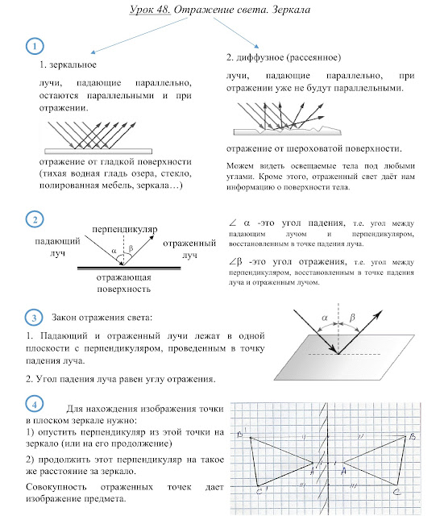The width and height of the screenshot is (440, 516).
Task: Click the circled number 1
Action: (x=35, y=46)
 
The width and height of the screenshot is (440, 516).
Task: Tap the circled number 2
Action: (x=35, y=219)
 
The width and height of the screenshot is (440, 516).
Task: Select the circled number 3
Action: (x=34, y=318)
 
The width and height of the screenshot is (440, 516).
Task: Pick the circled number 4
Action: (x=34, y=404)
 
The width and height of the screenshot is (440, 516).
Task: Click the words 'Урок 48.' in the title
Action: (x=150, y=10)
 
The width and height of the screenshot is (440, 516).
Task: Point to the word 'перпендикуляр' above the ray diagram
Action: (x=125, y=229)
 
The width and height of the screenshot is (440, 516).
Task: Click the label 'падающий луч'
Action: (x=57, y=248)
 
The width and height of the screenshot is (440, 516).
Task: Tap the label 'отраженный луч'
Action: (x=189, y=249)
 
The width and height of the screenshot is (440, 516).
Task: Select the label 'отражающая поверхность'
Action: (x=123, y=283)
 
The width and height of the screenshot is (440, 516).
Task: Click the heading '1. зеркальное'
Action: (x=68, y=64)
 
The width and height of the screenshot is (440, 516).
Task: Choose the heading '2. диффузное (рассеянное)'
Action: (x=284, y=57)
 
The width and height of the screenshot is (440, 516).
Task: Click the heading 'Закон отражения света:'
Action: (x=102, y=318)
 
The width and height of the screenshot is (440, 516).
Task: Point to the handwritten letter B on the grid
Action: (x=413, y=437)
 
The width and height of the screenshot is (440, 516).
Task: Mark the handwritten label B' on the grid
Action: (x=242, y=433)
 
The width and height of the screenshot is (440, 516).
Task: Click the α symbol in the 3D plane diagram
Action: (x=325, y=318)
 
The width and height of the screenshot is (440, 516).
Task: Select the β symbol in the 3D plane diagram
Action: (x=352, y=318)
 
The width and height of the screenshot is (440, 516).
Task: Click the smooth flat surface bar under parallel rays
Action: (x=98, y=152)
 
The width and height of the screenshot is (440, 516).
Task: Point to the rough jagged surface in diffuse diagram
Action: (x=287, y=131)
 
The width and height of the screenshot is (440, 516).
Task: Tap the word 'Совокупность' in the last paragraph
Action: (x=56, y=487)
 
